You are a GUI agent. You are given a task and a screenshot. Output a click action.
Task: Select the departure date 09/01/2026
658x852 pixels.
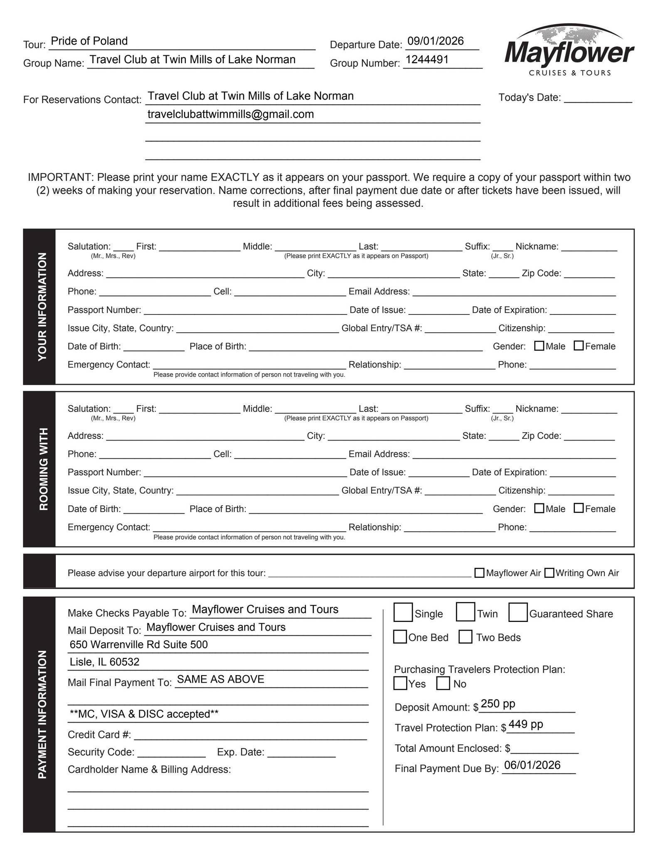click(x=435, y=41)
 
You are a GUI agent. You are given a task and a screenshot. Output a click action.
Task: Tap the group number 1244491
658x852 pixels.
click(x=427, y=60)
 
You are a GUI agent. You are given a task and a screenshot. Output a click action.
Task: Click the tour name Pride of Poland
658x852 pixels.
click(x=89, y=41)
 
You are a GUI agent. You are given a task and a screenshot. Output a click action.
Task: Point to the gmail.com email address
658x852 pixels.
click(x=230, y=114)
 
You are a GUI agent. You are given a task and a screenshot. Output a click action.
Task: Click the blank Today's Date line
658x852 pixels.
click(x=597, y=99)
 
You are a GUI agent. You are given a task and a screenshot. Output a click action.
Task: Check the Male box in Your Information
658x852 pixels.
click(x=539, y=346)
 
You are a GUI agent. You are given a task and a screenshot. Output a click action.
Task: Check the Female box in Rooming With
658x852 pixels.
click(x=578, y=508)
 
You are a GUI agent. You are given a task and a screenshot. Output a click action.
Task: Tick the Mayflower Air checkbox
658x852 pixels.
click(x=479, y=573)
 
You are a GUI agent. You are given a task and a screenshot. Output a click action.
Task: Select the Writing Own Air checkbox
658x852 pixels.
click(x=549, y=573)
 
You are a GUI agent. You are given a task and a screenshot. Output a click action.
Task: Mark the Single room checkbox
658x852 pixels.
click(x=403, y=612)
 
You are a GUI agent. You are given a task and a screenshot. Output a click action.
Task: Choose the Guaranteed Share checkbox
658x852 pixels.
click(x=518, y=612)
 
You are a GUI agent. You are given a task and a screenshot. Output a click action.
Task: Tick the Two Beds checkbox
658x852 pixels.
click(x=466, y=637)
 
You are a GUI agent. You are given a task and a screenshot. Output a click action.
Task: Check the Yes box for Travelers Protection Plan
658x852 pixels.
click(x=400, y=684)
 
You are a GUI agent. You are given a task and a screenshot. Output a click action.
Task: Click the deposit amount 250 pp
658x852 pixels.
click(x=498, y=704)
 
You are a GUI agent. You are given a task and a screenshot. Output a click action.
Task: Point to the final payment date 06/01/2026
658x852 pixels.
click(x=532, y=765)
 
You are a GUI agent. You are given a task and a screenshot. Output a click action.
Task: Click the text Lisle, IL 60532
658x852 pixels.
click(x=104, y=662)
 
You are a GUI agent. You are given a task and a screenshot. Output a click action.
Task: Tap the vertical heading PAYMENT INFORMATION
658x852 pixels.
click(x=42, y=715)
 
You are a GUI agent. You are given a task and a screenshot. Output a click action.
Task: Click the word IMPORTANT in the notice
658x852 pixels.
click(x=61, y=178)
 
